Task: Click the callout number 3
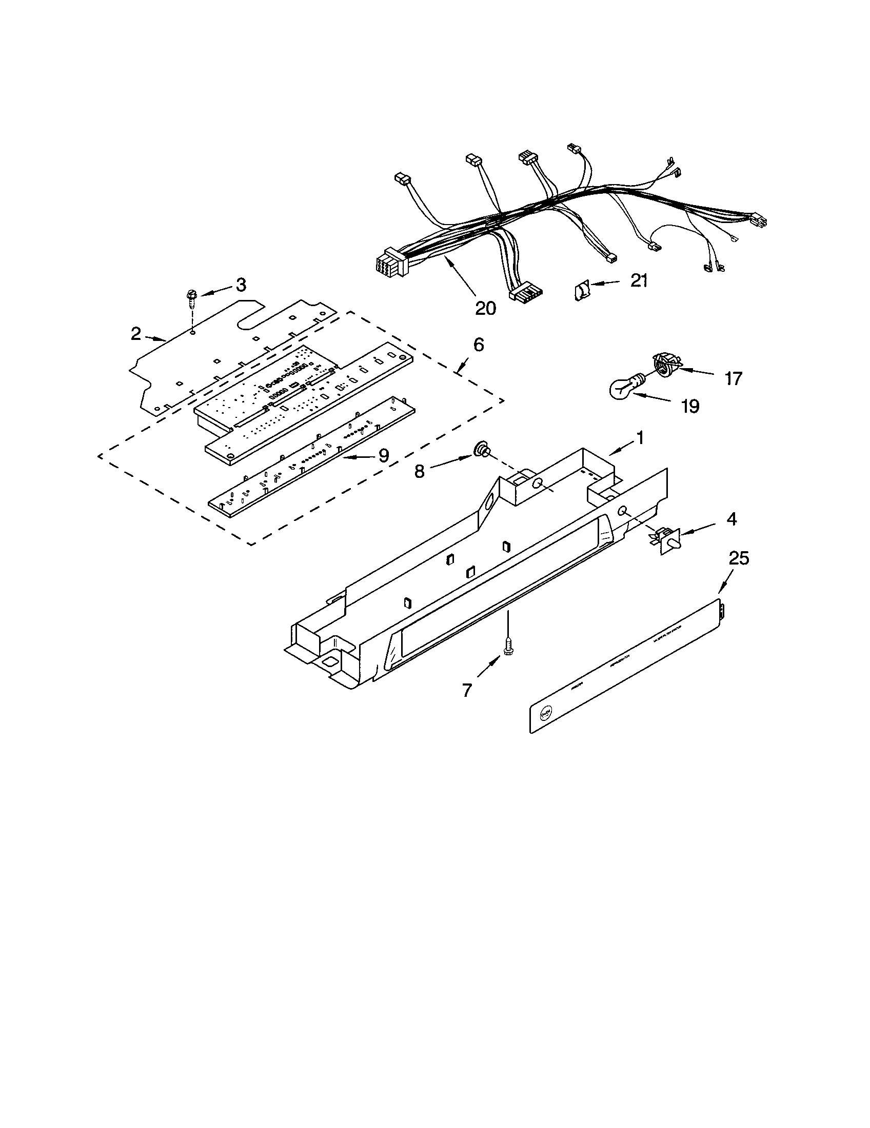241,285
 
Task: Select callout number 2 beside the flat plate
135,334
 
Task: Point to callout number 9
383,455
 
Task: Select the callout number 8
419,471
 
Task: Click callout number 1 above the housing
640,438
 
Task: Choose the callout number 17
733,378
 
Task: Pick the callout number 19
690,406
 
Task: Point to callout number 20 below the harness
485,308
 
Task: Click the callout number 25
738,558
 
